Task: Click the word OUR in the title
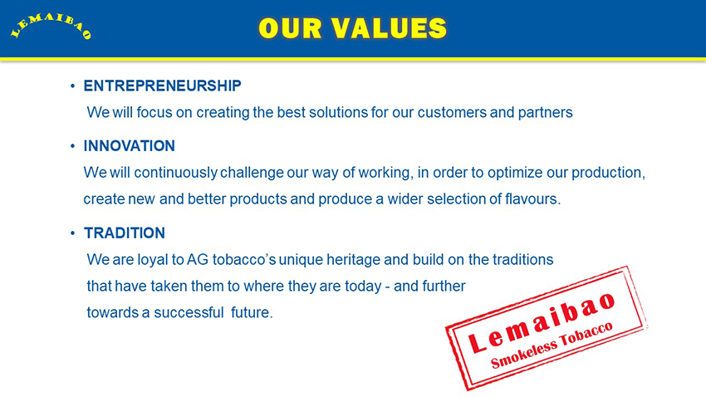tap(291, 28)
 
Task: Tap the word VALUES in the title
tap(390, 28)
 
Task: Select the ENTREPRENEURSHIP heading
tap(163, 86)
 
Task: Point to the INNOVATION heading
tap(130, 146)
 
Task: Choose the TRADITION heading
tap(125, 233)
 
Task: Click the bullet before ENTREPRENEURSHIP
tap(72, 86)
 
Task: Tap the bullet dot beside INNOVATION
tap(72, 146)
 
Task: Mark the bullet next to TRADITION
tap(72, 233)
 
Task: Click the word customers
tap(452, 112)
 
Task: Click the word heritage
tap(353, 261)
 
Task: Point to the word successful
tap(189, 312)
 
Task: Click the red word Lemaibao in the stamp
tap(542, 322)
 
